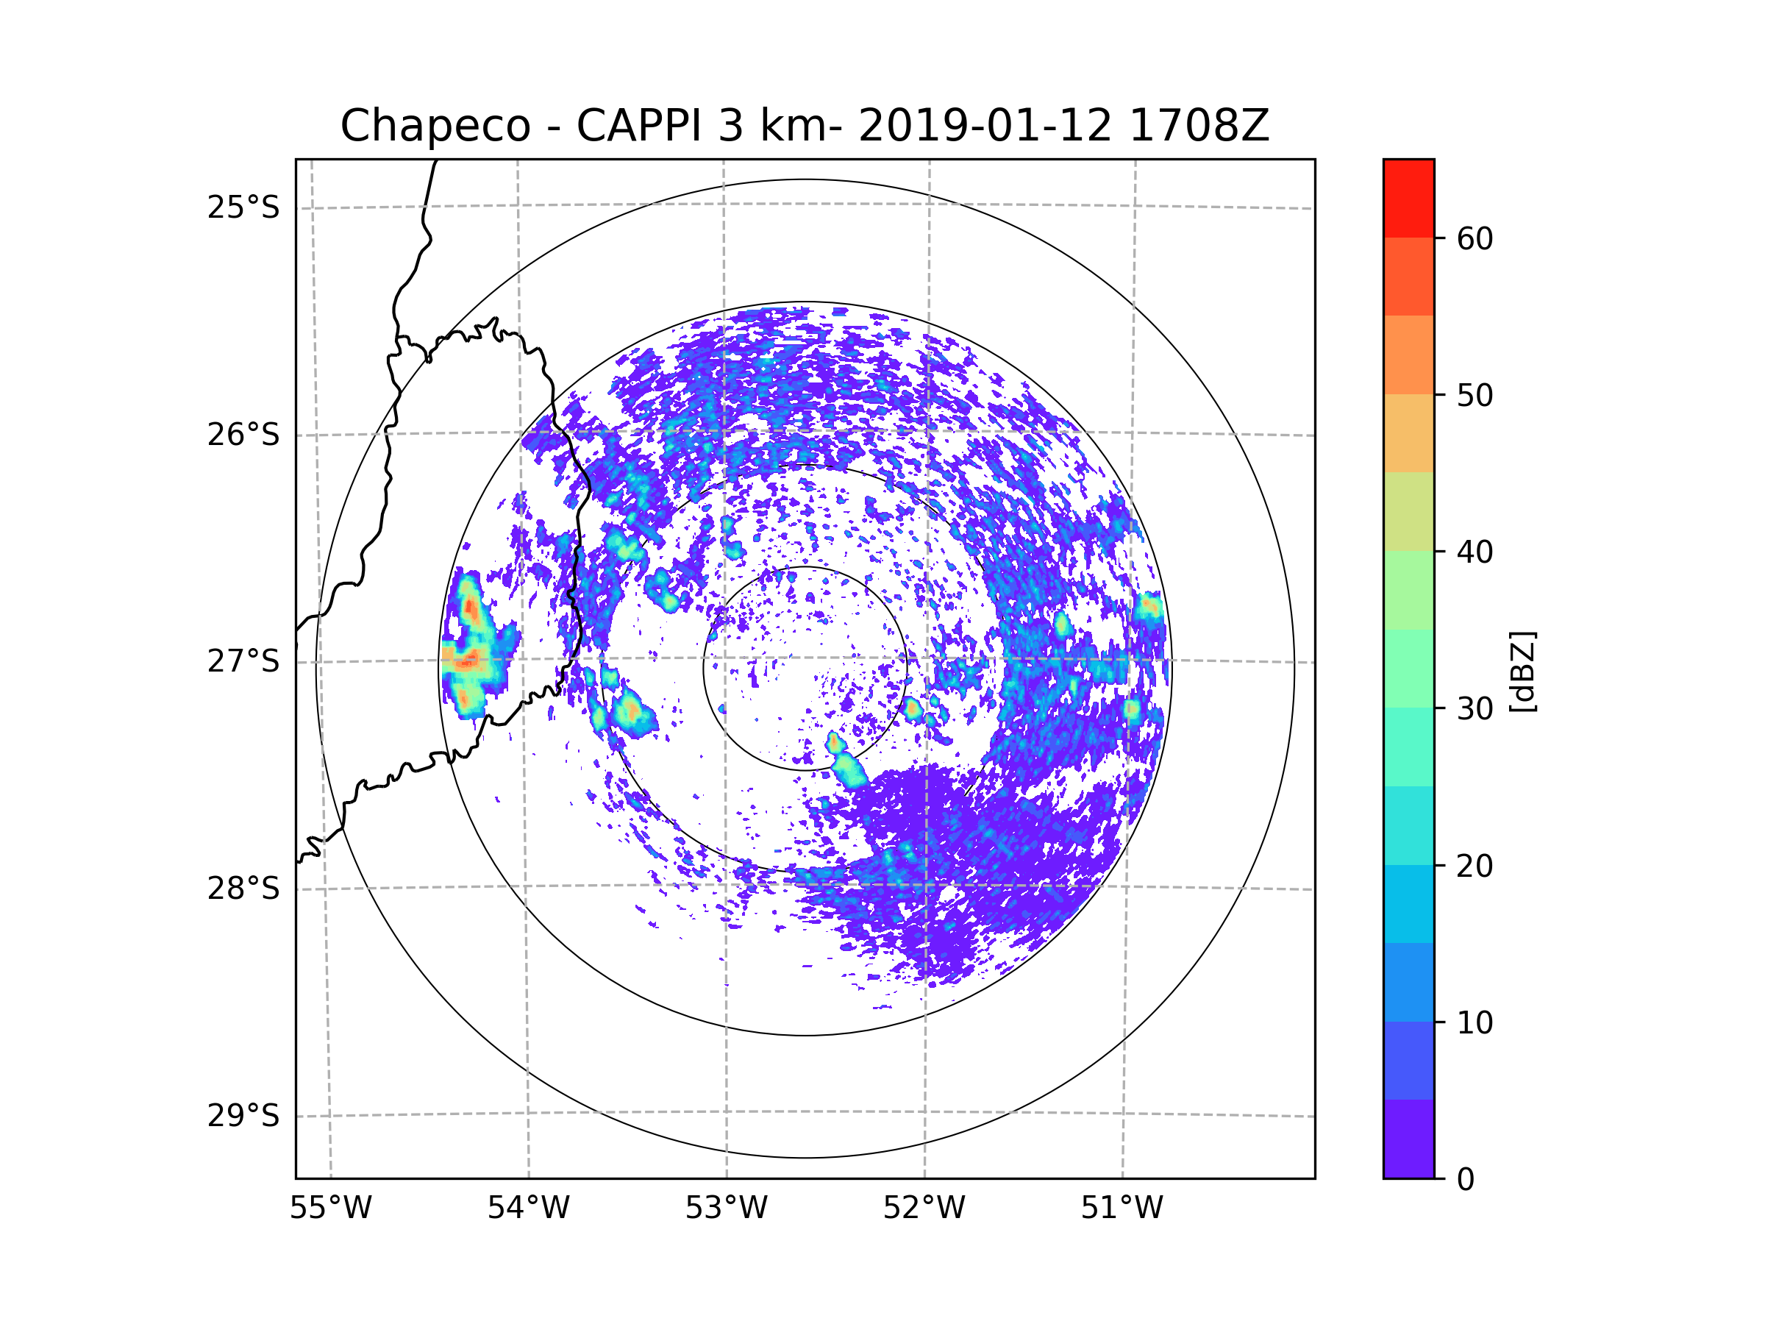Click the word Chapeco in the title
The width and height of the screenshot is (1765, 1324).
tap(435, 126)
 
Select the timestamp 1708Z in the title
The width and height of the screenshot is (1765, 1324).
tap(1199, 126)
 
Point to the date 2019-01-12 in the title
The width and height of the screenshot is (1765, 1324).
tap(985, 126)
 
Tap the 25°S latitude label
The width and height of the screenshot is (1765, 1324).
tap(243, 207)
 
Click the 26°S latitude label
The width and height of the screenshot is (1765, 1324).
tap(243, 435)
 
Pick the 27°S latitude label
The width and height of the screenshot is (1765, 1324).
tap(243, 661)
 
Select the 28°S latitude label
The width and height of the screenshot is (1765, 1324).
tap(243, 889)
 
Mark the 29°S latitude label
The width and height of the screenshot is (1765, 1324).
tap(243, 1116)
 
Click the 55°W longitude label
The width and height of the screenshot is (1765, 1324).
tap(330, 1209)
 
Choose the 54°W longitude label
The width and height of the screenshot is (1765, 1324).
tap(528, 1209)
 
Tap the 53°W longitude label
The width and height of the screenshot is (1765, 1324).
tap(726, 1209)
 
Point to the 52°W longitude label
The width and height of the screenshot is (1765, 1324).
tap(924, 1209)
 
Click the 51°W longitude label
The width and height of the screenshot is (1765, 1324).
tap(1122, 1209)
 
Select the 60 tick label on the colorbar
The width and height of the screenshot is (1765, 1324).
tap(1475, 238)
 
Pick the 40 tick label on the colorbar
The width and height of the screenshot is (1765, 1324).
tap(1475, 552)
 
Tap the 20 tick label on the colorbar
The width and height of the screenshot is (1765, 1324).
tap(1475, 866)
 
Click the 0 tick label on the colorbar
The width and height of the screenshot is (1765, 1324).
tap(1466, 1180)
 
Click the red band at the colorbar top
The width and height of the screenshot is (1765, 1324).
tap(1408, 198)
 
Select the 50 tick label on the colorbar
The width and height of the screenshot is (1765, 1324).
tap(1475, 395)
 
